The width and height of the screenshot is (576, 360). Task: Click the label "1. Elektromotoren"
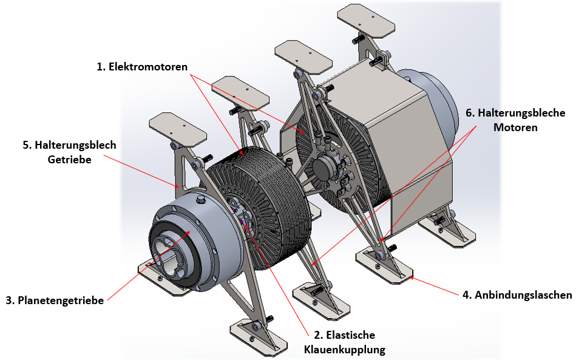click(142, 67)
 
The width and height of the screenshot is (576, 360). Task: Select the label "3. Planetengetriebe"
click(55, 300)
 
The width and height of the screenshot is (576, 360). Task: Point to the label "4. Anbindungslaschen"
click(518, 296)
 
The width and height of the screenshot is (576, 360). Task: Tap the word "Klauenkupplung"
click(344, 349)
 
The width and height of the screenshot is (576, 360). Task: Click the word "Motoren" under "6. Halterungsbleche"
click(515, 127)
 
